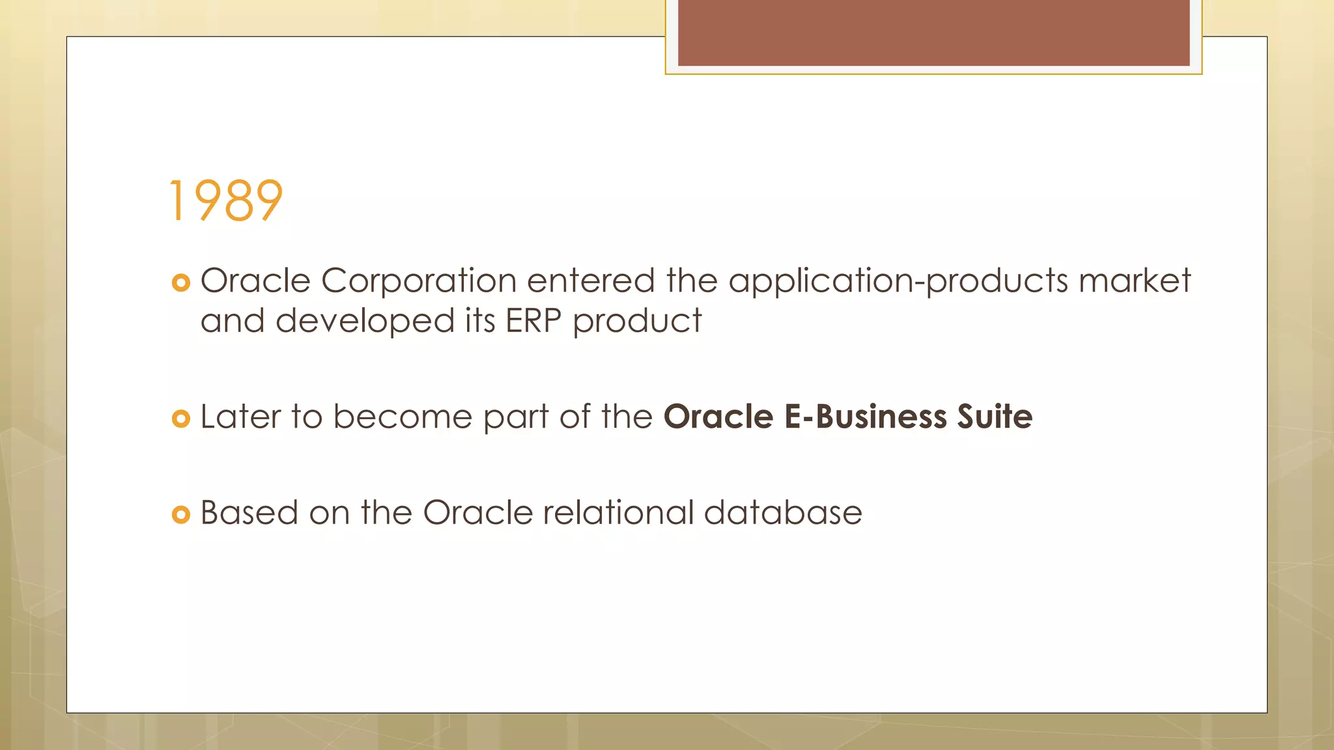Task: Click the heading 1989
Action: click(225, 201)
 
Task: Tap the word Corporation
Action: click(419, 281)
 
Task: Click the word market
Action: click(1135, 281)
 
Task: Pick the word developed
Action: click(365, 322)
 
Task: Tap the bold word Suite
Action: click(995, 417)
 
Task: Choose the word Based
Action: click(249, 513)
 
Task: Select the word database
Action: click(783, 513)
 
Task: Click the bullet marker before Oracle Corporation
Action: click(180, 283)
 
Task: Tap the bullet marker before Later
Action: click(180, 419)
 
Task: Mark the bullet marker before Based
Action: click(180, 514)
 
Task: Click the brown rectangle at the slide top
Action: click(933, 33)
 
